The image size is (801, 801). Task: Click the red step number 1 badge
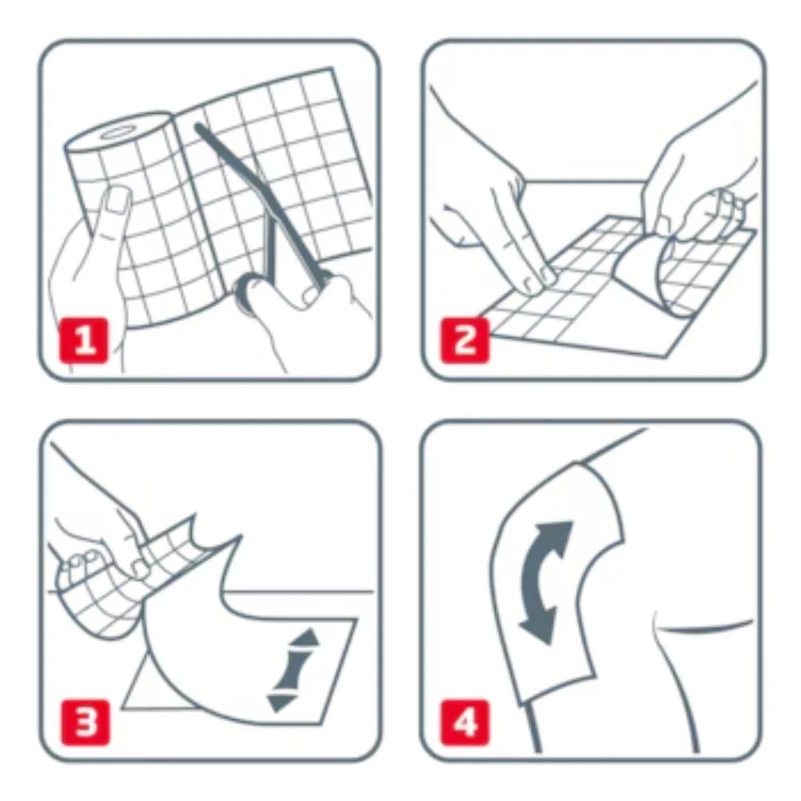tap(84, 340)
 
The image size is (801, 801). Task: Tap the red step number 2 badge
tap(465, 340)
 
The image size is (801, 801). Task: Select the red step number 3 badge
tap(86, 723)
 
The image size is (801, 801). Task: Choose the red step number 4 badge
tap(465, 723)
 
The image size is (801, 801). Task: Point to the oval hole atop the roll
tap(117, 133)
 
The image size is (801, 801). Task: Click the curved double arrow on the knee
tap(543, 582)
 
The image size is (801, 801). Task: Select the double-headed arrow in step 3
tap(292, 670)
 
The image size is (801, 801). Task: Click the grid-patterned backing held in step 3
tap(127, 578)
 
